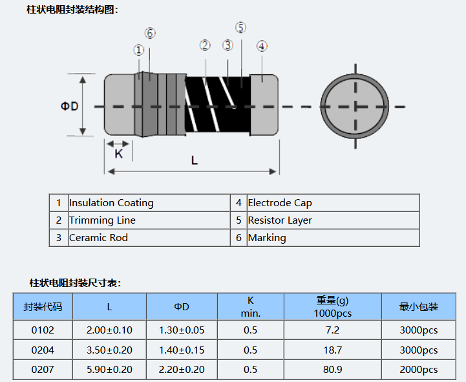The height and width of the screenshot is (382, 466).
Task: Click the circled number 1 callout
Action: [x=138, y=50]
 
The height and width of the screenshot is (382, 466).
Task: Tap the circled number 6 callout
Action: [x=150, y=34]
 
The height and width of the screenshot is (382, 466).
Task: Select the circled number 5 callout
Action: [x=240, y=27]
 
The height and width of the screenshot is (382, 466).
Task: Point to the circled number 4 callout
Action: [x=262, y=46]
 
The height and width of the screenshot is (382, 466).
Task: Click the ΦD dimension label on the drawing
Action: [x=70, y=106]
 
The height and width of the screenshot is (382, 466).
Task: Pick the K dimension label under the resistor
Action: [x=118, y=154]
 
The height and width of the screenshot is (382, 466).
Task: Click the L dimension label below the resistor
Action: [x=195, y=160]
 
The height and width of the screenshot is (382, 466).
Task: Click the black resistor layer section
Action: [x=217, y=105]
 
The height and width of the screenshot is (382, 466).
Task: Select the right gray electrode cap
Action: [x=264, y=105]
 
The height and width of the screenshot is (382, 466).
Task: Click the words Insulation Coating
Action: [x=111, y=203]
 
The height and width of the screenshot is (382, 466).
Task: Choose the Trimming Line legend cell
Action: [x=102, y=220]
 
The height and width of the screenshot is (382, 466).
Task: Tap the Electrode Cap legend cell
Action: [x=280, y=203]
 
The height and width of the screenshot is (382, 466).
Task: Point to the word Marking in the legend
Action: [x=267, y=238]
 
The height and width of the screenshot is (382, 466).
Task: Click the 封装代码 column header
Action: [x=43, y=307]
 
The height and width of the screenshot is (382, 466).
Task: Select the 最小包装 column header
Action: [x=419, y=307]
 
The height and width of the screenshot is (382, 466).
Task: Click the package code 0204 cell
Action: [x=43, y=350]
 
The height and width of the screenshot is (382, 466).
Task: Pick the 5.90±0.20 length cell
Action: [x=109, y=370]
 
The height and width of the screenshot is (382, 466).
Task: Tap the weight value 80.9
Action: [x=333, y=370]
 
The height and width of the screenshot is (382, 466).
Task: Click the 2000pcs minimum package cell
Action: [x=419, y=370]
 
